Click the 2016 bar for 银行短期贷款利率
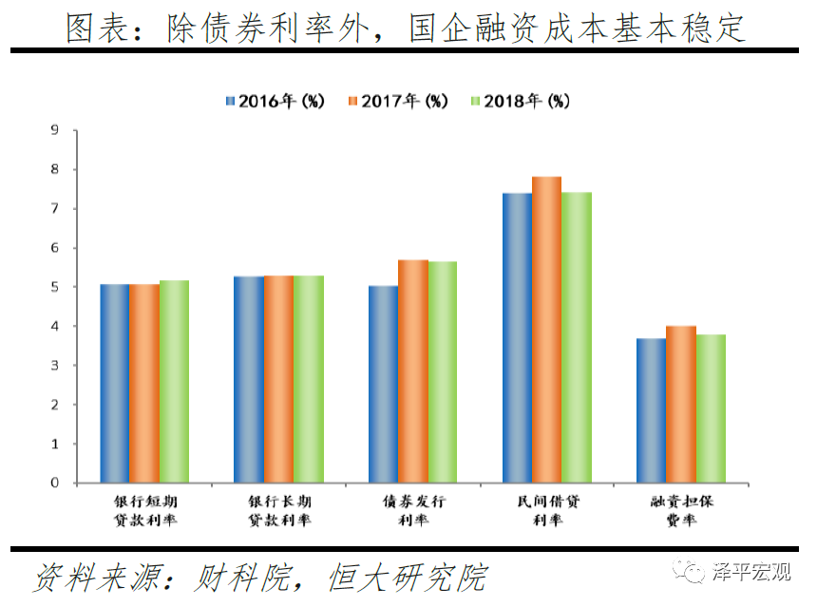[114, 384]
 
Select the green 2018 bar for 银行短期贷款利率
[173, 382]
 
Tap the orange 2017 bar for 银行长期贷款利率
[278, 379]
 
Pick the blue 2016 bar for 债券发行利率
[384, 385]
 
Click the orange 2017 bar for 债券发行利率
[413, 371]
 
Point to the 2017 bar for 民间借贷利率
[546, 330]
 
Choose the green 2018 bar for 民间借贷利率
[576, 337]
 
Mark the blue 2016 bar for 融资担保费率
[652, 410]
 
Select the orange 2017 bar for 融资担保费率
[681, 405]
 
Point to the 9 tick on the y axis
[54, 130]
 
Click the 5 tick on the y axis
[54, 287]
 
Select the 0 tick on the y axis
[54, 483]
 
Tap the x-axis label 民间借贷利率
[546, 510]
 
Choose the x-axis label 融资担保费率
[680, 510]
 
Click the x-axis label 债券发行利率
[413, 510]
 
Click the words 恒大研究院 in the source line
[408, 577]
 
